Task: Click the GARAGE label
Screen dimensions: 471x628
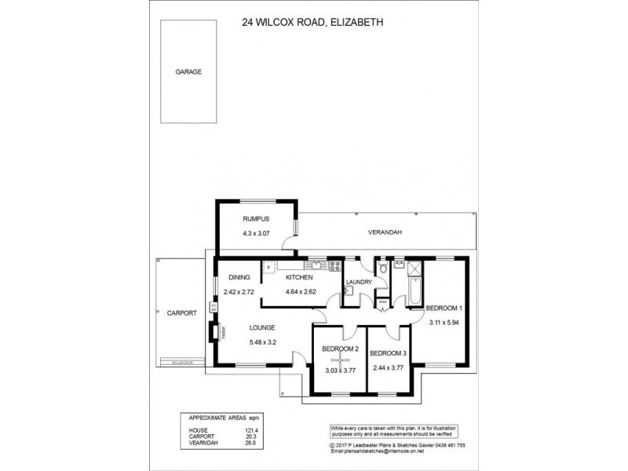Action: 188,71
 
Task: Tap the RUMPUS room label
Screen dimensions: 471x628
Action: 255,220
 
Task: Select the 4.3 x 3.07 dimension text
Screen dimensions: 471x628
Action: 255,234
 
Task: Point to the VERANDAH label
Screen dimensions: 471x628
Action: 385,233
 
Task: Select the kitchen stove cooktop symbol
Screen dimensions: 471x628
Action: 335,265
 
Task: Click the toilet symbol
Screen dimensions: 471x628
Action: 382,268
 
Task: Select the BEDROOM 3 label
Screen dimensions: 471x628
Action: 387,352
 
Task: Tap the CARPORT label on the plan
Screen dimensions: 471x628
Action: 182,312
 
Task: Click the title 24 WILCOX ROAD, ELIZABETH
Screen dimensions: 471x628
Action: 312,24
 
